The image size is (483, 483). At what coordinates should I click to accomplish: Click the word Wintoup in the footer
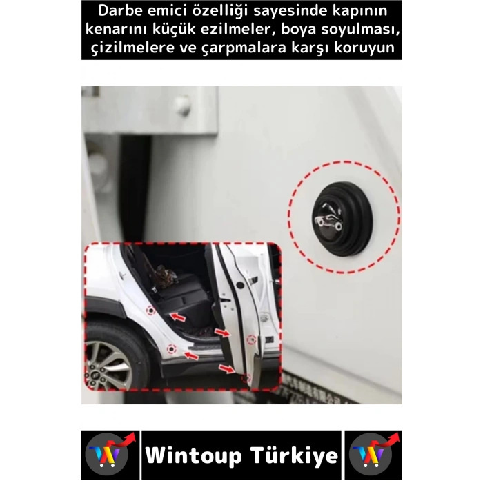click(194, 455)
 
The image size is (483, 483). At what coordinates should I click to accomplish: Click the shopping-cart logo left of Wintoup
click(108, 455)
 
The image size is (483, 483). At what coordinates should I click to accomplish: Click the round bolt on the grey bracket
click(182, 106)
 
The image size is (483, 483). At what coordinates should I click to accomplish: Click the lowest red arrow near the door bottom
click(226, 368)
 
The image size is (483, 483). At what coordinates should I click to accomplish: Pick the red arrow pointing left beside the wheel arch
click(191, 356)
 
